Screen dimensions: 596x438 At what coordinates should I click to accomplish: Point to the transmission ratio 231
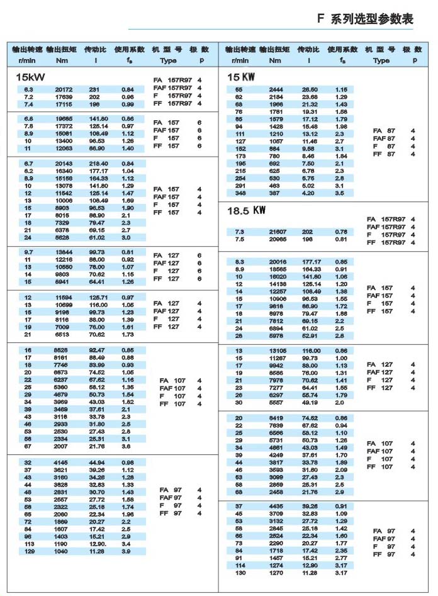(x=95, y=90)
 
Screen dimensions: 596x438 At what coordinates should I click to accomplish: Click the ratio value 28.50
(x=310, y=90)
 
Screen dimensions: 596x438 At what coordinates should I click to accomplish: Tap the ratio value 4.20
(x=310, y=193)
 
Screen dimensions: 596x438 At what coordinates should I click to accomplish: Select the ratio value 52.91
(x=310, y=335)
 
